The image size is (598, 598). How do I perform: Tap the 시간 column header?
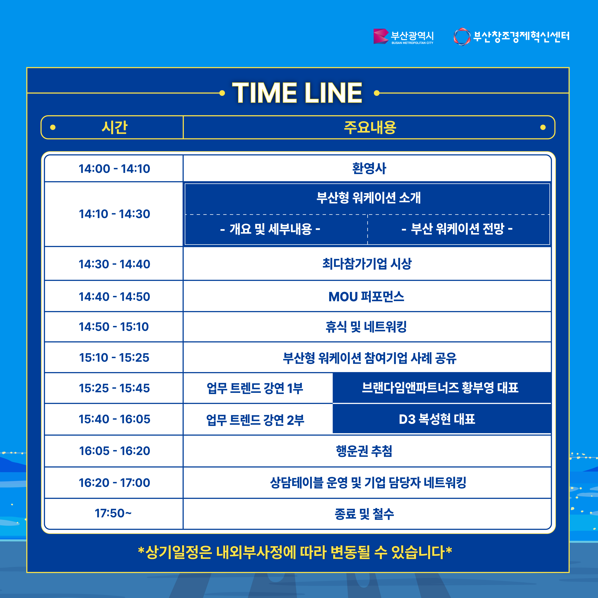pos(115,127)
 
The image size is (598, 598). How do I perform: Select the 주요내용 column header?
pos(370,127)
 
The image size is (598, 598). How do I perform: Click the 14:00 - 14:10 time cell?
pos(114,169)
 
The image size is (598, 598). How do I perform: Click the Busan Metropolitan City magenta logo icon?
pos(381,36)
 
